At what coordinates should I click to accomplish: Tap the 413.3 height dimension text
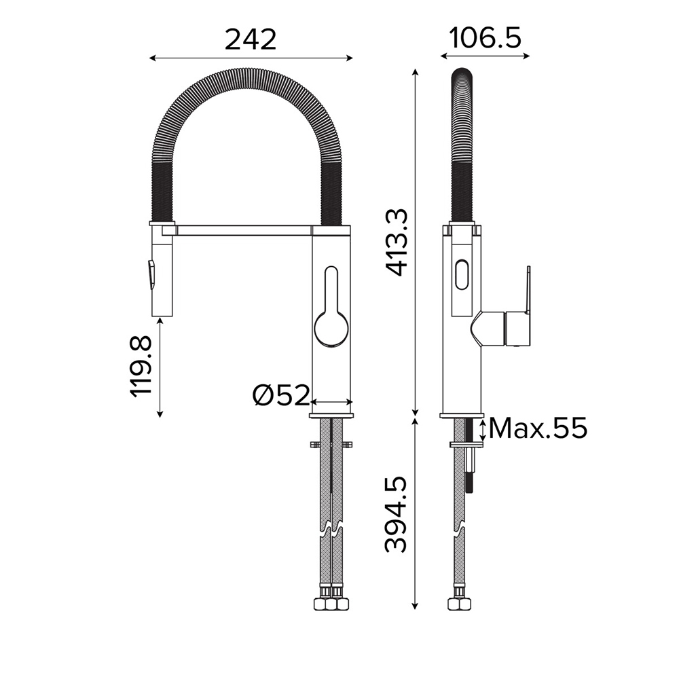[397, 242]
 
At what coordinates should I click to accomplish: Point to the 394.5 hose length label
[396, 515]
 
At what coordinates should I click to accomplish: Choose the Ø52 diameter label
[282, 395]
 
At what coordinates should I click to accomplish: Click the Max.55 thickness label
[538, 428]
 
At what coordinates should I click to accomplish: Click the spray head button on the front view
[151, 274]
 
